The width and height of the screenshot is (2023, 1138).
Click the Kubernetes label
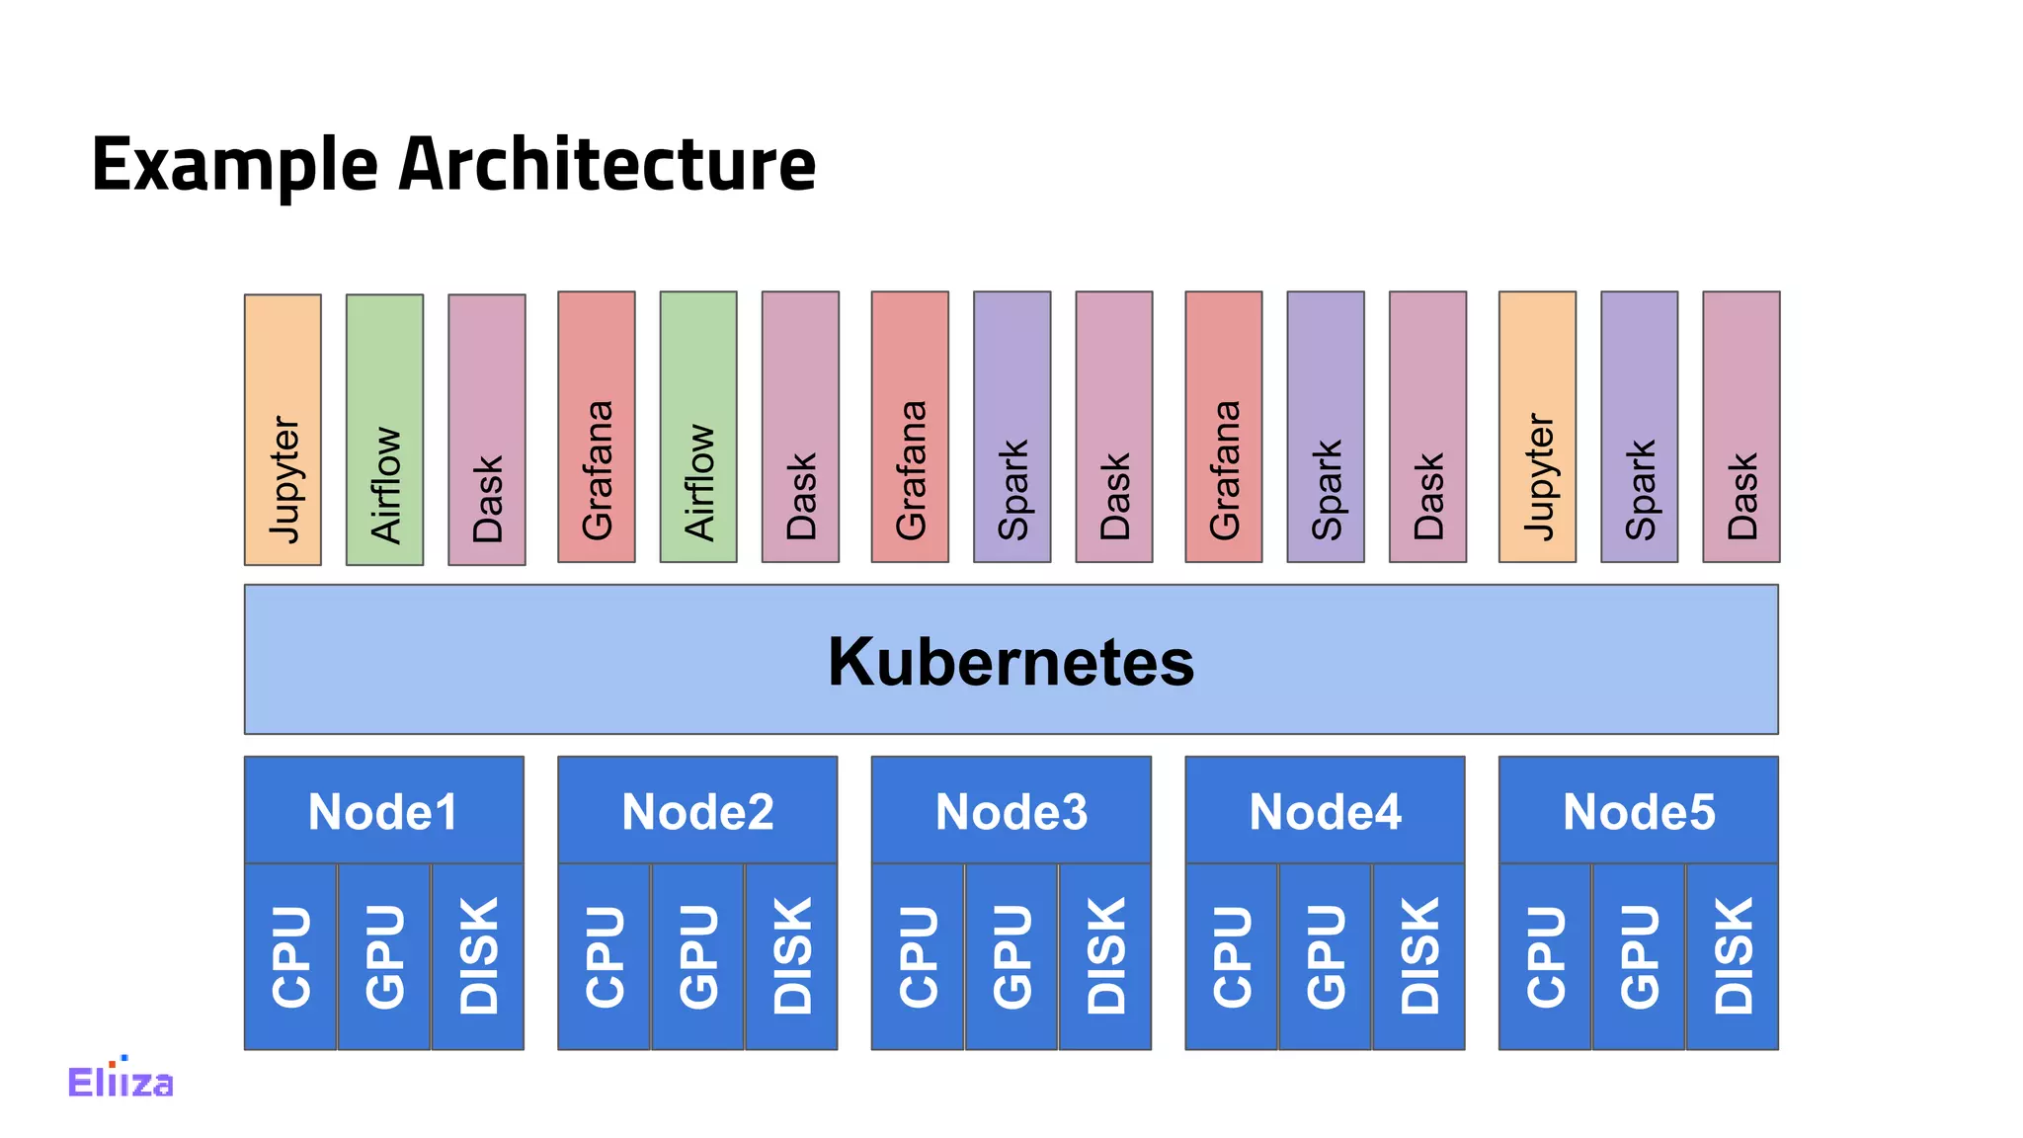point(1011,661)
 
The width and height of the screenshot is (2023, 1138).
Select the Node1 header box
point(383,811)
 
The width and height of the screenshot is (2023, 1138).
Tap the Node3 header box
point(1011,811)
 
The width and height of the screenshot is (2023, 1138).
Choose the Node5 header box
point(1638,811)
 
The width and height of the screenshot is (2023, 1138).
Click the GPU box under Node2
point(697,956)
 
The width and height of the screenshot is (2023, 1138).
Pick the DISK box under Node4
point(1418,956)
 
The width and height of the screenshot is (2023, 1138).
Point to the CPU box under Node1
point(290,956)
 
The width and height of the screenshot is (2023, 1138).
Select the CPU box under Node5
point(1545,956)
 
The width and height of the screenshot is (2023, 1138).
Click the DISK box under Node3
point(1104,956)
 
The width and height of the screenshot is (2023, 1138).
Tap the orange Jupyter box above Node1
point(283,430)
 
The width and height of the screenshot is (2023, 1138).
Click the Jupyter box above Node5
point(1537,427)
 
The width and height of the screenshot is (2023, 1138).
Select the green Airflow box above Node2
point(698,427)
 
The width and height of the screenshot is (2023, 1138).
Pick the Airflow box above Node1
point(384,430)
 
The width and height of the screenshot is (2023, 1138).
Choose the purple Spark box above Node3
point(1011,427)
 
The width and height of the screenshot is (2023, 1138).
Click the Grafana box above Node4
point(1223,427)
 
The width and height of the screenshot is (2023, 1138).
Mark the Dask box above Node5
point(1740,427)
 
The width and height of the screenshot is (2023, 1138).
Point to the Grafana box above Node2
point(596,427)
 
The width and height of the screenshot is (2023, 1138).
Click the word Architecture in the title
point(607,165)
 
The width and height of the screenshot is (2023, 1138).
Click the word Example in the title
point(235,165)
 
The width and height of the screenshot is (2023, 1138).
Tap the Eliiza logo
point(121,1080)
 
